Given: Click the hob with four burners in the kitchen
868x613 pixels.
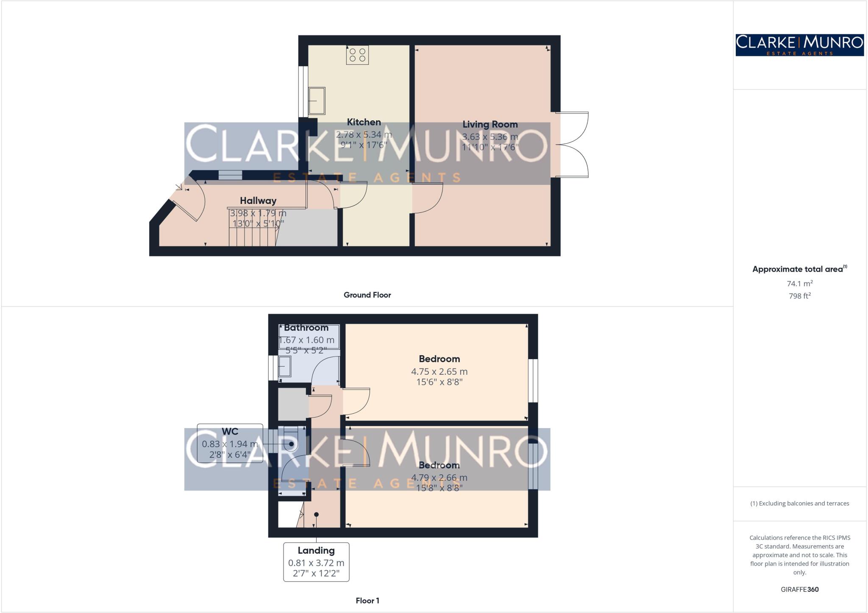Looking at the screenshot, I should click(357, 55).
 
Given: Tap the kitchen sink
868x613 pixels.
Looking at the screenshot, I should click(317, 101).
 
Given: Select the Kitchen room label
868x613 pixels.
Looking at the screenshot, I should click(364, 122).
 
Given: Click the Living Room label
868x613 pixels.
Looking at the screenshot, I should click(490, 124).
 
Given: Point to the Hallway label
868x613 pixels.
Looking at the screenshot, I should click(258, 201).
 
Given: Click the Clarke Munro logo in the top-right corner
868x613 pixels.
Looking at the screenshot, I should click(799, 45).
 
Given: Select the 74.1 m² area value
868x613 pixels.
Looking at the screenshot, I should click(799, 283).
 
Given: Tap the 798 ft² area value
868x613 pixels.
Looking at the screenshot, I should click(799, 296).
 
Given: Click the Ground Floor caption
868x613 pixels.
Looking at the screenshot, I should click(367, 295).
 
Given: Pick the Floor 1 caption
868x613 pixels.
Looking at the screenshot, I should click(367, 601).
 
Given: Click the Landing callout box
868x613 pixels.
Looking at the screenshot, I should click(316, 562).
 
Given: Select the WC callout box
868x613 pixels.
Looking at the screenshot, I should click(230, 443).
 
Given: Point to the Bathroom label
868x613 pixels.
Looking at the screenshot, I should click(306, 328).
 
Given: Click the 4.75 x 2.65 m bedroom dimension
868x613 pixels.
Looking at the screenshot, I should click(439, 372).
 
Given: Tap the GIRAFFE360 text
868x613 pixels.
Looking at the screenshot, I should click(799, 589).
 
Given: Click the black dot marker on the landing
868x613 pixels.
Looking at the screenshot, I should click(316, 515).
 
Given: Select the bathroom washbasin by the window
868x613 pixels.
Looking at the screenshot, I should click(284, 366).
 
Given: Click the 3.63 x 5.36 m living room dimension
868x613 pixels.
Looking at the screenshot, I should click(490, 137).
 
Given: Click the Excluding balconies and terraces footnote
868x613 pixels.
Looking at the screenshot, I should click(799, 504).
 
